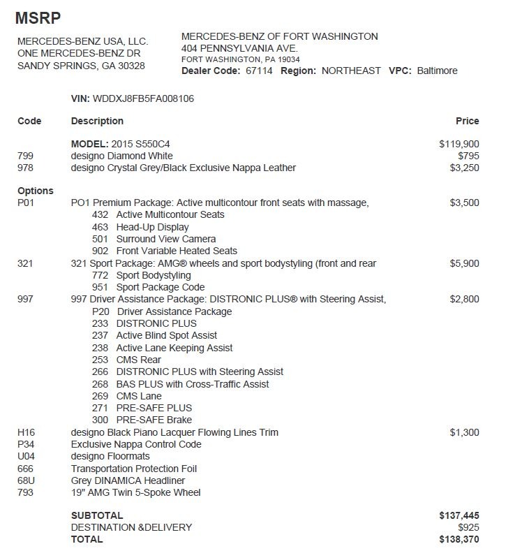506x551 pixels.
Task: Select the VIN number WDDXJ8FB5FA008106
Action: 143,98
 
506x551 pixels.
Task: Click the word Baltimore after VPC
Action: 437,71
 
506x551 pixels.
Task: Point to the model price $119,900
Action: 459,144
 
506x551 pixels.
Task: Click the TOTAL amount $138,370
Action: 459,539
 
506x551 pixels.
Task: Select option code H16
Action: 26,432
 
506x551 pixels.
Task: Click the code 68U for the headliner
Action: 26,480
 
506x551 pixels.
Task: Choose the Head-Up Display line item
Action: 152,227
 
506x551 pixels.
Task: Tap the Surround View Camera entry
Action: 165,239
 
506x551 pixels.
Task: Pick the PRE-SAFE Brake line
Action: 154,420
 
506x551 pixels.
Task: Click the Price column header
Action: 467,121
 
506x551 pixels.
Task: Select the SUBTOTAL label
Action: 97,515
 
